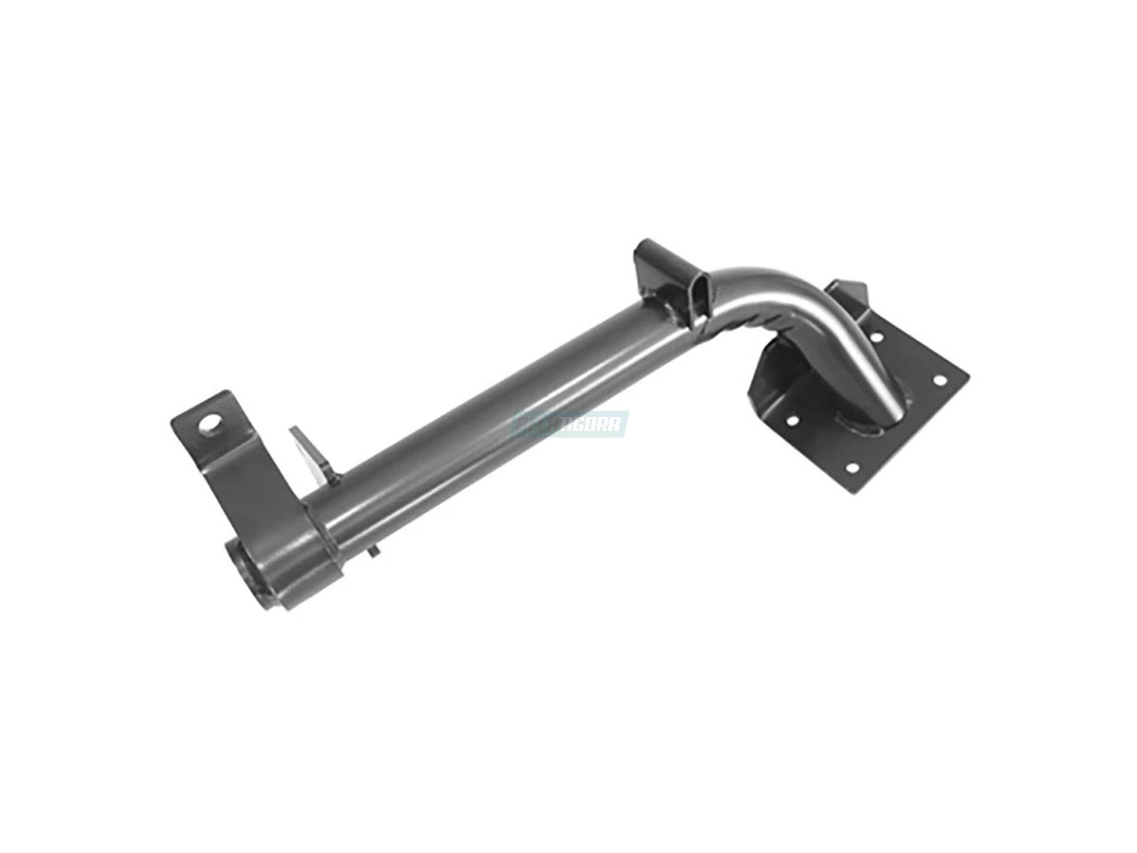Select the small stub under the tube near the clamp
click(x=373, y=551)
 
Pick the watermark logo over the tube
click(x=569, y=423)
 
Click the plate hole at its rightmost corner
click(x=940, y=380)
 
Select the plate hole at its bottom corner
click(x=851, y=468)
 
